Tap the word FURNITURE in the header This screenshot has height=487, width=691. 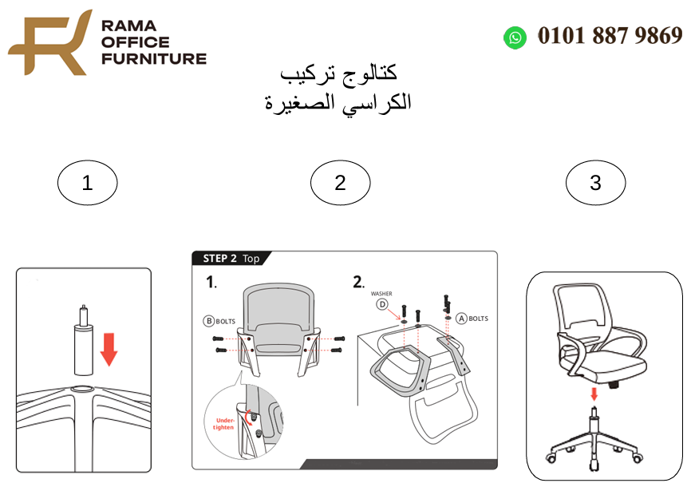pyautogui.click(x=153, y=58)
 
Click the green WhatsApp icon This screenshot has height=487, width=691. pyautogui.click(x=515, y=37)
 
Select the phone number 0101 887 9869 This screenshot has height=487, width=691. pyautogui.click(x=610, y=36)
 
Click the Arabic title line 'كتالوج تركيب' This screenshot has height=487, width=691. pyautogui.click(x=339, y=73)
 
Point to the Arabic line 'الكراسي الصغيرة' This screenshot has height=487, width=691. pyautogui.click(x=338, y=102)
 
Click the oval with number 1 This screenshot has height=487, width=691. pyautogui.click(x=87, y=183)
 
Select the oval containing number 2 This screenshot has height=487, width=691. pyautogui.click(x=340, y=183)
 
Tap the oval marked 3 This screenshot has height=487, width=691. pyautogui.click(x=595, y=183)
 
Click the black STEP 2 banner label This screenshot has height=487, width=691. pyautogui.click(x=231, y=259)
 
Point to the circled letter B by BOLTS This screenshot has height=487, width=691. pyautogui.click(x=208, y=321)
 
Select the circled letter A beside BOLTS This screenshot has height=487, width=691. pyautogui.click(x=460, y=319)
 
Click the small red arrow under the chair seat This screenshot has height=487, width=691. pyautogui.click(x=594, y=394)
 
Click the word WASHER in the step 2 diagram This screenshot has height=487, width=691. pyautogui.click(x=381, y=294)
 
